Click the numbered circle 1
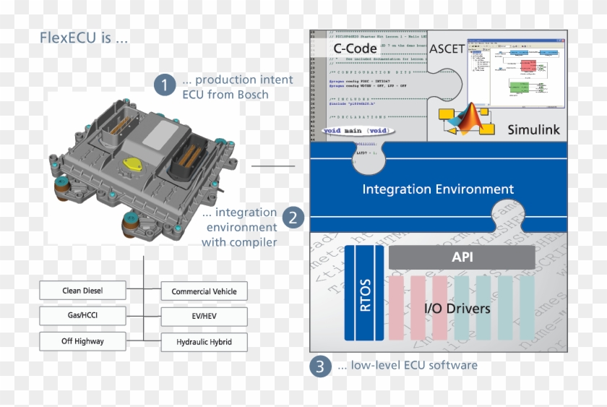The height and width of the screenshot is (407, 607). pos(164,85)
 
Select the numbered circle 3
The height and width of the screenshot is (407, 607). pos(320,366)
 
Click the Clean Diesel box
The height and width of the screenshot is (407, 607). pos(82,291)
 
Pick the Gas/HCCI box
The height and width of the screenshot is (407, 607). pos(82,316)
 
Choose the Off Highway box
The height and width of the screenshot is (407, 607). pos(82,340)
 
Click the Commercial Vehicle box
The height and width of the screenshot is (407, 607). pos(204,291)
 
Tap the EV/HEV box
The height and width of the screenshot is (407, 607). pos(204,317)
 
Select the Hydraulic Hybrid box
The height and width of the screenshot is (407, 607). pos(204,341)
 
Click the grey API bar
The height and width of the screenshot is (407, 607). pos(462,257)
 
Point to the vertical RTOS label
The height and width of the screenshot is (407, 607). pos(363,293)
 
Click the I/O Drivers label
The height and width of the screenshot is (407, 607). pos(456,309)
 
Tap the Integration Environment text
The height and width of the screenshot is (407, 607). pos(438,189)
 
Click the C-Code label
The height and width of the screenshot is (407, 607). pos(355,49)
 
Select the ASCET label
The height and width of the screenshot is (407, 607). pos(447,49)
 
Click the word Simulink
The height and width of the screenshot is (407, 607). pos(533,129)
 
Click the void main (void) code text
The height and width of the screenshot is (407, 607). pos(356,131)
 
